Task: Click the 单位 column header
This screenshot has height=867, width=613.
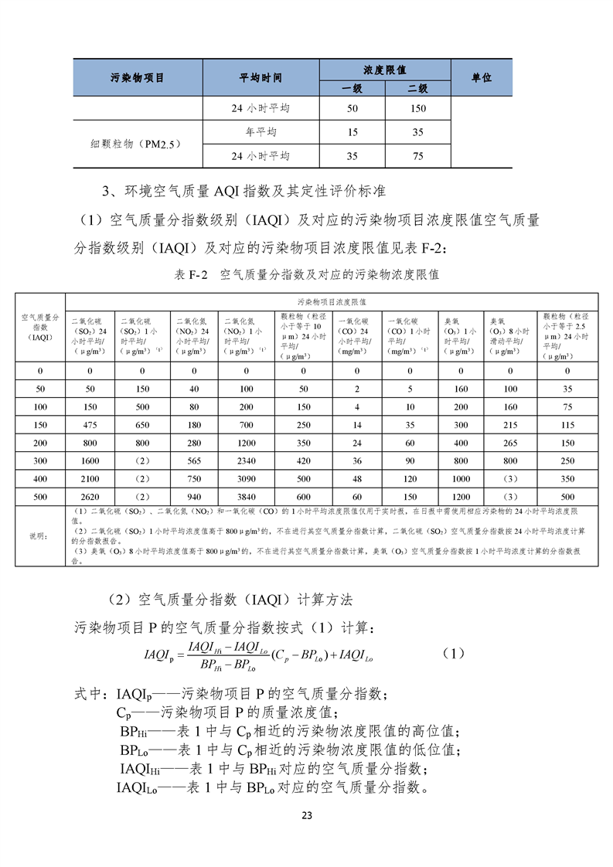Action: click(x=481, y=78)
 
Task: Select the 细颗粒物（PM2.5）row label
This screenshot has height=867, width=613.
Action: click(x=137, y=144)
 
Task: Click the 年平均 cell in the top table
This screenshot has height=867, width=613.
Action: click(x=261, y=132)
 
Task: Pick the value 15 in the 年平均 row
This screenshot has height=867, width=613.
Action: click(x=352, y=132)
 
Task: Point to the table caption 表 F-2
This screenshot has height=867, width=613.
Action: click(x=192, y=274)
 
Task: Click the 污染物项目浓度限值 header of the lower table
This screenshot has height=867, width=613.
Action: click(x=331, y=301)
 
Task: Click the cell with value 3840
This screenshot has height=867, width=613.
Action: click(x=246, y=495)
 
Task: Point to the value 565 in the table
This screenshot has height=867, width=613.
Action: click(x=193, y=460)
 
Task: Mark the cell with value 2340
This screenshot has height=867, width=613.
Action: click(x=246, y=460)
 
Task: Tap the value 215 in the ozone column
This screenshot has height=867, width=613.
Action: click(x=509, y=424)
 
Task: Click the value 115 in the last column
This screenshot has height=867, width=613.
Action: click(x=568, y=424)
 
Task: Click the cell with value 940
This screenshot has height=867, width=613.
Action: click(x=193, y=495)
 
